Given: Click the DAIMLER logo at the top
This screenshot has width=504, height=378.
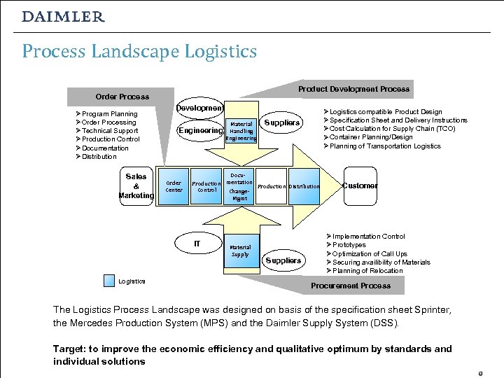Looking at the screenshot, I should [63, 17].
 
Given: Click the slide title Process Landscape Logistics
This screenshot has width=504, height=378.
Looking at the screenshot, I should [139, 51].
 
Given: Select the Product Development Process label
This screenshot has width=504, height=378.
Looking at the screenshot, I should [353, 89].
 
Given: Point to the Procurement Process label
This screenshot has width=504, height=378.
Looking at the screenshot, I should [351, 286].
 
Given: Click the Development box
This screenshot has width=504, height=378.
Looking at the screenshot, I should [199, 108].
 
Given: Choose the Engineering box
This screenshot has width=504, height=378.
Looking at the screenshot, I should [200, 130].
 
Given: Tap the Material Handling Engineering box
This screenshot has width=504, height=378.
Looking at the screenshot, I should [241, 131].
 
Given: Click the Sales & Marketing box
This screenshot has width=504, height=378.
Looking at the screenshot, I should [136, 186].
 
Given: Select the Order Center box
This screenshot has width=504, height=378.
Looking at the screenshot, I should [174, 186].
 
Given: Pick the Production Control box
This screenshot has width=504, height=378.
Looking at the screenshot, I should [206, 186].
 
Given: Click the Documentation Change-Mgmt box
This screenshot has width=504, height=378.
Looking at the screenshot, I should [240, 186].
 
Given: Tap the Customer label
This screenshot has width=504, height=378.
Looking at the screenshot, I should [360, 185].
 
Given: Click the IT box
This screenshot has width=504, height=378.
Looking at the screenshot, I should [197, 244].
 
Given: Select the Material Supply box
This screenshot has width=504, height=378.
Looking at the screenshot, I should [240, 250].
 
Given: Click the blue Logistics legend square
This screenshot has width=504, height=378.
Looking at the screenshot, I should [108, 281].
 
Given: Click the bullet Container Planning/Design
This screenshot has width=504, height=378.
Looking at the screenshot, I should [375, 137].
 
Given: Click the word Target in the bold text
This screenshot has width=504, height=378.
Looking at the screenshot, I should [68, 349].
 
